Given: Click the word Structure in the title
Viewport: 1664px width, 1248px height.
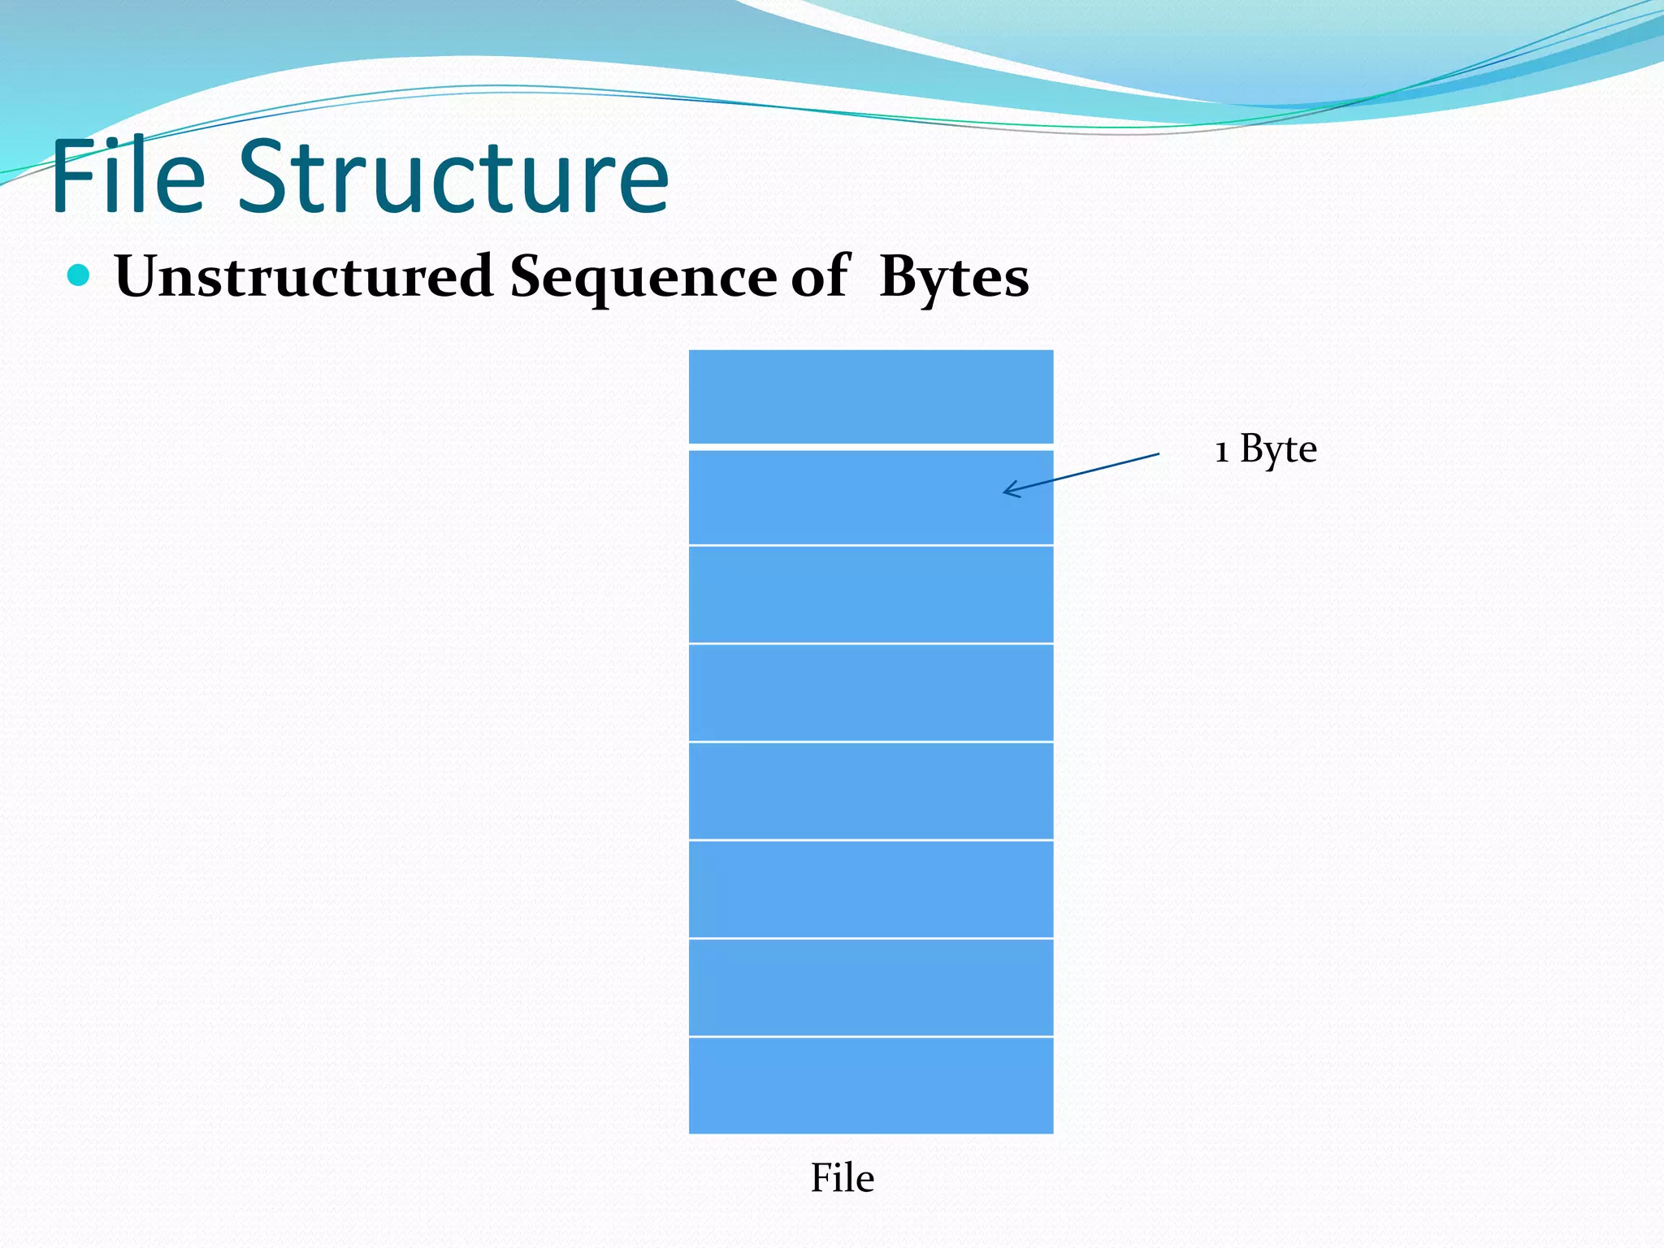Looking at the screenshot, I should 453,176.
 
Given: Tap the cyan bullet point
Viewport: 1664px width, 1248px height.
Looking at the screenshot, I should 79,275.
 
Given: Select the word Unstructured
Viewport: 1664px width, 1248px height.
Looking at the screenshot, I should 304,276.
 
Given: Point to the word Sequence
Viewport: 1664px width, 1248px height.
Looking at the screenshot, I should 643,276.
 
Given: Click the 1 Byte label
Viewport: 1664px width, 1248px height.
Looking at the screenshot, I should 1265,449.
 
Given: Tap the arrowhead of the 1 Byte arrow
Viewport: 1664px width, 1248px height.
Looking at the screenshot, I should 1007,490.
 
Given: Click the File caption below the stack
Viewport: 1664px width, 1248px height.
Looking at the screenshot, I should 843,1178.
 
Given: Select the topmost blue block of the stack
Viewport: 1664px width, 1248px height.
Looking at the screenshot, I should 871,396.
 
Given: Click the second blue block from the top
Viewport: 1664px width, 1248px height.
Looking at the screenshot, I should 871,496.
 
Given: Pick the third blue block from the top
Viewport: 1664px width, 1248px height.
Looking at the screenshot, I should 871,594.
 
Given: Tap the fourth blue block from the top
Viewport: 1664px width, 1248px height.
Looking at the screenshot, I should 871,692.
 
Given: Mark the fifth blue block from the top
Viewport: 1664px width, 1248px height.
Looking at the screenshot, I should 871,791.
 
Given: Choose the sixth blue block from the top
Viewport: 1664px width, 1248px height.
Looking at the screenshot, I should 871,889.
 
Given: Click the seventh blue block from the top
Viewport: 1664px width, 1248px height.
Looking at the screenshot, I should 871,987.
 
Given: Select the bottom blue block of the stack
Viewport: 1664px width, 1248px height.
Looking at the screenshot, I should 871,1085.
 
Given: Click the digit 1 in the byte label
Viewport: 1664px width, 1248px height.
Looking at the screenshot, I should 1221,452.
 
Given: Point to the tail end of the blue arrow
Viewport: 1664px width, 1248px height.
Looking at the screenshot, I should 1157,455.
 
